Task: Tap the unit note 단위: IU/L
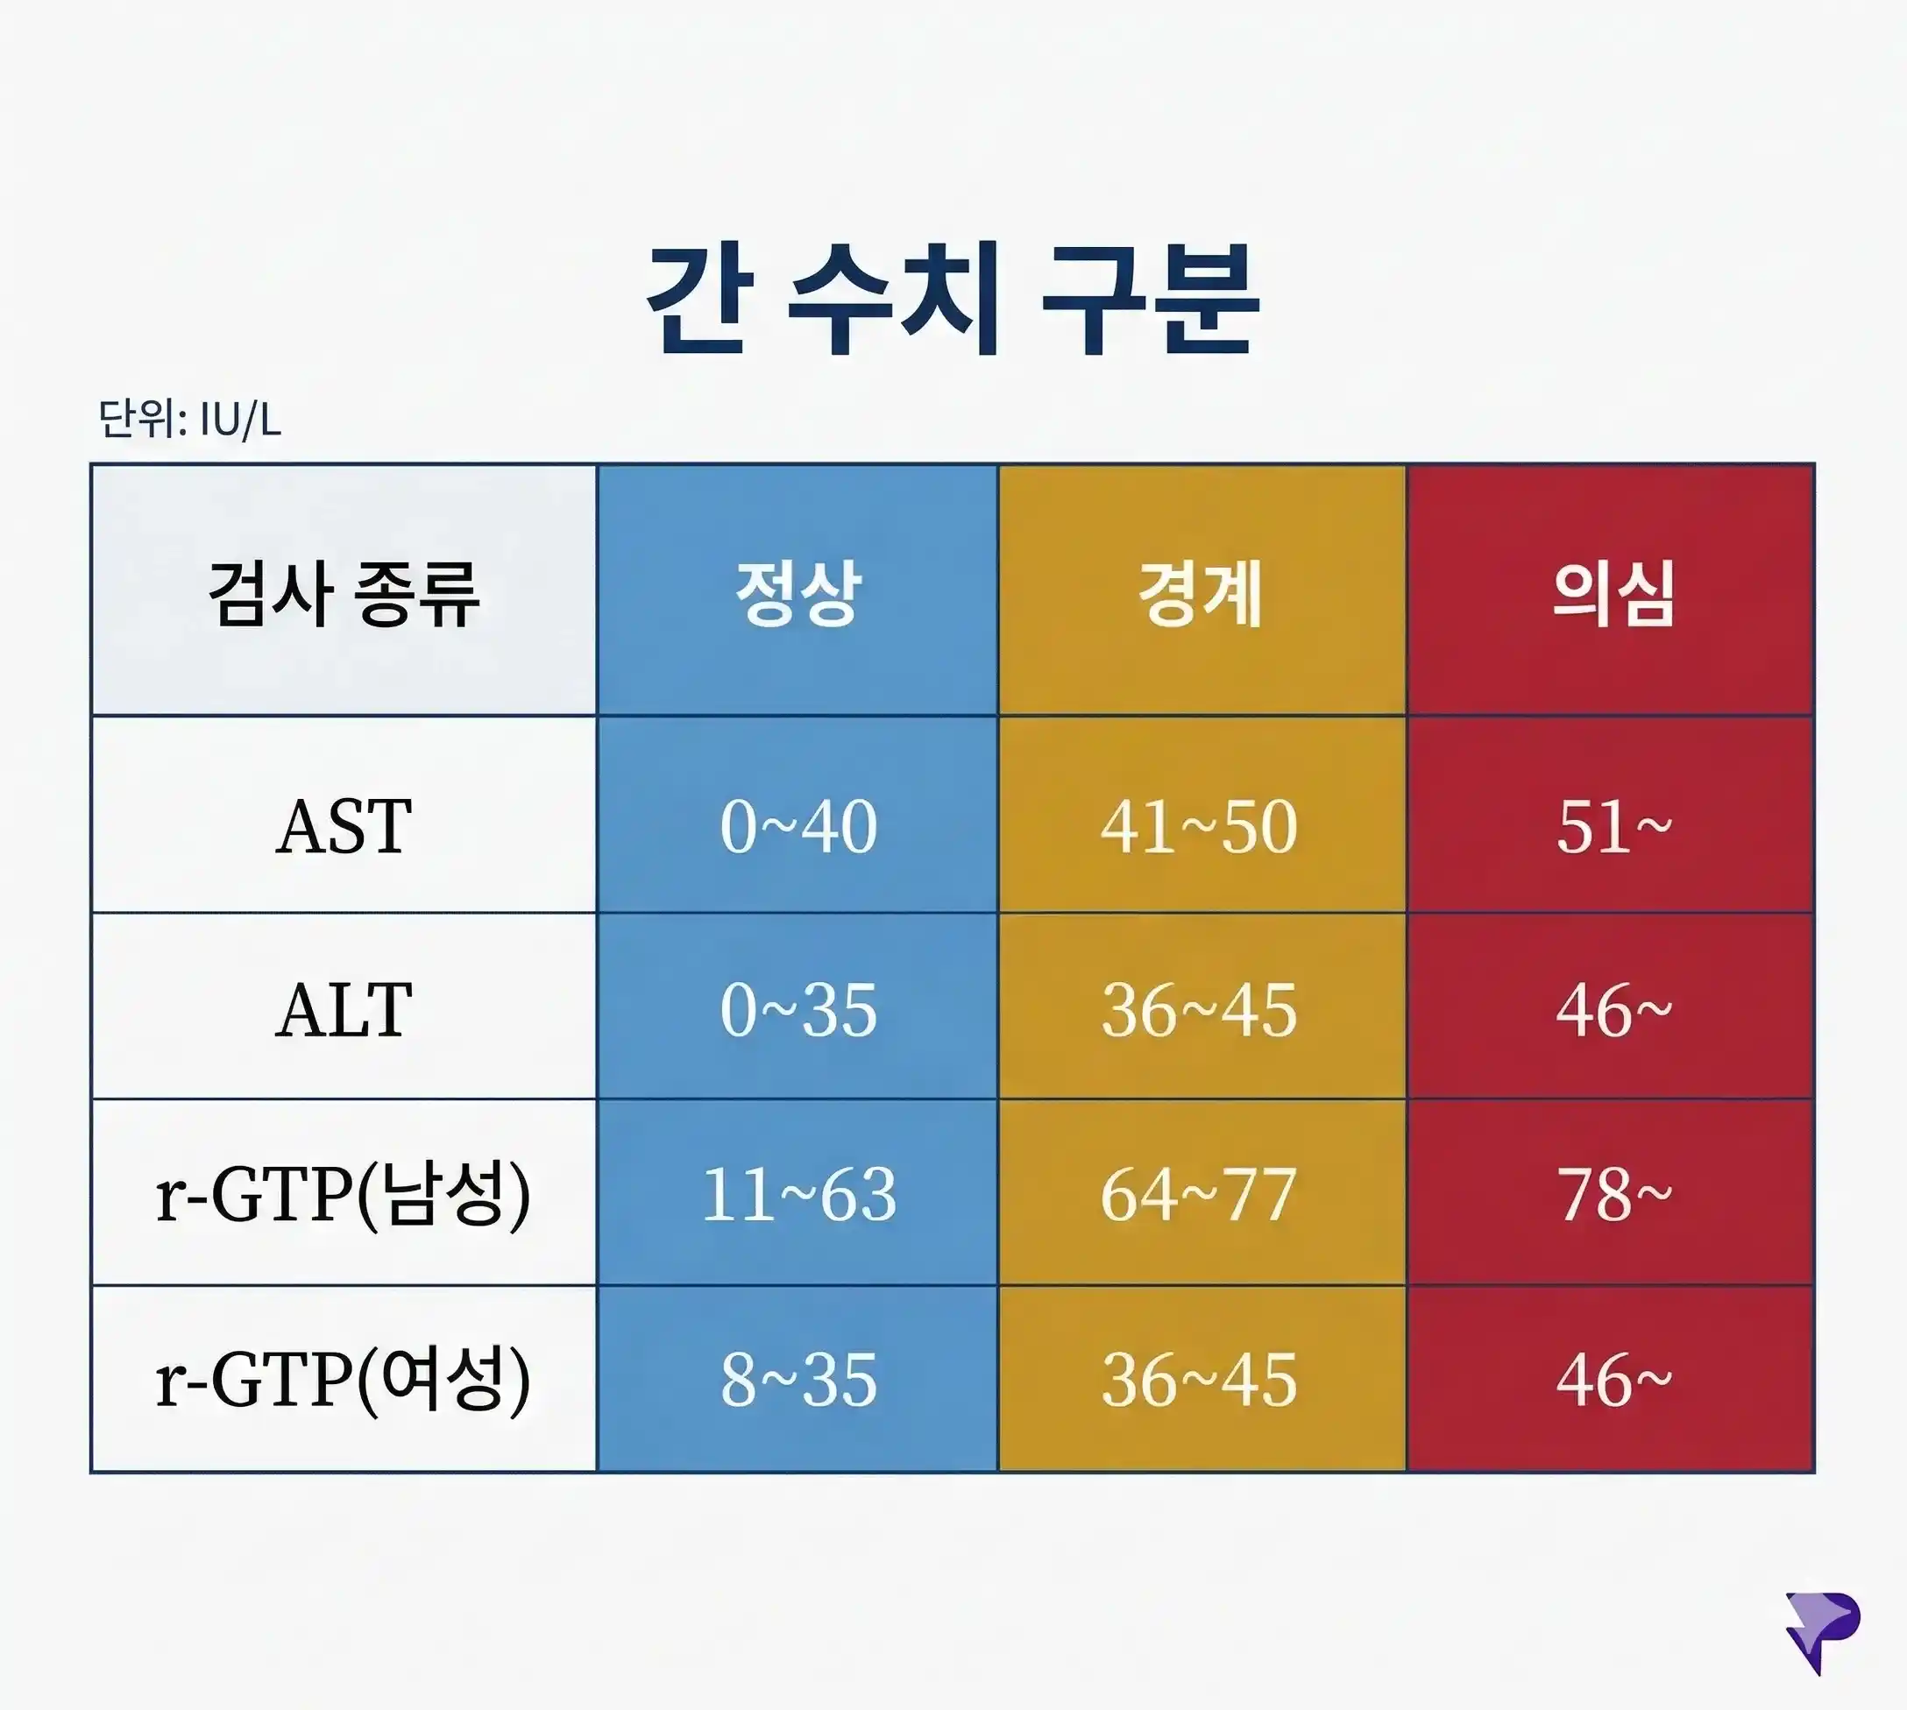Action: [190, 420]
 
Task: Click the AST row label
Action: [344, 827]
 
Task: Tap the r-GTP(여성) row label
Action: [344, 1379]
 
